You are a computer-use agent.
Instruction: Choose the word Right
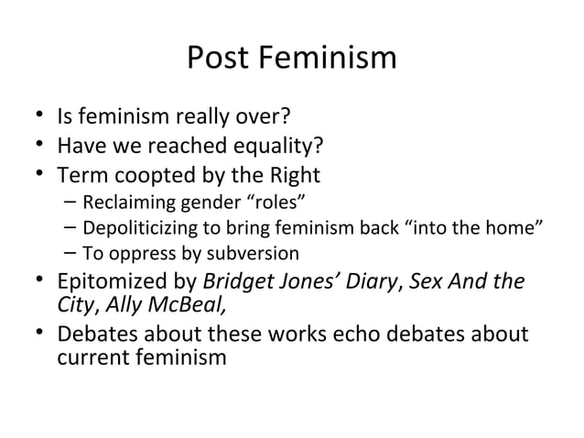(294, 174)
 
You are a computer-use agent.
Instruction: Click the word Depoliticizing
(134, 227)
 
